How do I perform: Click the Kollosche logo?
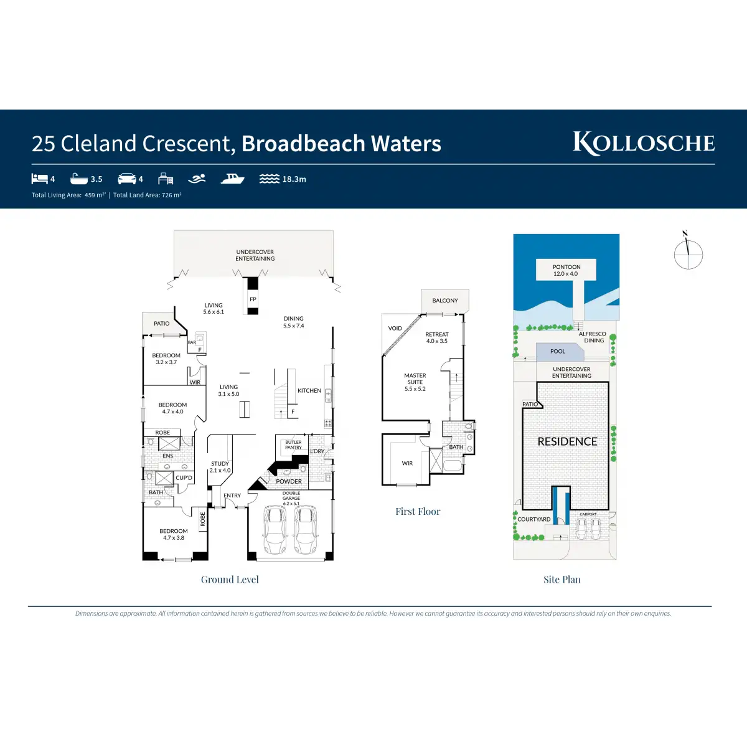pos(644,143)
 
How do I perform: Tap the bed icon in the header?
pos(40,179)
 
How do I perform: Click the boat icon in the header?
pos(233,179)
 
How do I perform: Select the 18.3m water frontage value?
pos(294,179)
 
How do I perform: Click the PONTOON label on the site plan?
pos(566,267)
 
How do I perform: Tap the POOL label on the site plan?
pos(558,352)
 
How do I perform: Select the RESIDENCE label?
pos(567,441)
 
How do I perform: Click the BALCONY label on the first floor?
pos(445,301)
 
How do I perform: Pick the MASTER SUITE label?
pos(415,378)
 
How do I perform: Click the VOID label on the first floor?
pos(395,328)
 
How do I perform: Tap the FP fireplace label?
pos(253,299)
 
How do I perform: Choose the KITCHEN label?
pos(309,391)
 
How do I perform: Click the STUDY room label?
pos(220,464)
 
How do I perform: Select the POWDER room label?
pos(289,481)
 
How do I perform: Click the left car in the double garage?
pos(275,530)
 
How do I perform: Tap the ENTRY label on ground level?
pos(232,496)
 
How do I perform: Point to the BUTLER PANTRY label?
pos(293,444)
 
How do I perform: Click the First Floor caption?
pos(418,512)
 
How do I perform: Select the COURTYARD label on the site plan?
pos(534,519)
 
